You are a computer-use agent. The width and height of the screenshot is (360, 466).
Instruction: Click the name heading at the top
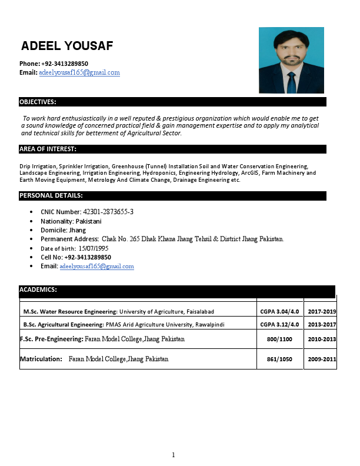point(67,46)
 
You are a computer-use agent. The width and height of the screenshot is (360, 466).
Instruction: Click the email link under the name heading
point(79,72)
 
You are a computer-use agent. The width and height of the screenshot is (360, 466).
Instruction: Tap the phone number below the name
point(65,64)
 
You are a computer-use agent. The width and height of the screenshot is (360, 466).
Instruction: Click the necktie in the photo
point(291,82)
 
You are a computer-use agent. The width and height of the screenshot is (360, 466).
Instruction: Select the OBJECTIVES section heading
point(38,102)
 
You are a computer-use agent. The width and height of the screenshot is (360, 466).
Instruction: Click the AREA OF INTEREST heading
point(48,149)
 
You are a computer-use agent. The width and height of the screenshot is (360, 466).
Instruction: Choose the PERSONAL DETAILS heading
point(51,195)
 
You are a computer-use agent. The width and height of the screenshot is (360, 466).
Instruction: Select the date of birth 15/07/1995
point(94,248)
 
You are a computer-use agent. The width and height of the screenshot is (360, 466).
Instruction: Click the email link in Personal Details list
point(97,267)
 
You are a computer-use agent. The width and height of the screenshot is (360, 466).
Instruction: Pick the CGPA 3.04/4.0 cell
point(279,311)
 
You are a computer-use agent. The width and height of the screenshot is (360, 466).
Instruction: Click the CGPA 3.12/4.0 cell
point(279,324)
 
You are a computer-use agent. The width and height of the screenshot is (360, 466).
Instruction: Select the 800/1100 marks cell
point(279,339)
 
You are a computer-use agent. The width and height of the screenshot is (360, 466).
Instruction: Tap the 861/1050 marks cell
point(279,359)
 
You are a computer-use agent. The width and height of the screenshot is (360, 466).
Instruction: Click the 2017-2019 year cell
point(322,311)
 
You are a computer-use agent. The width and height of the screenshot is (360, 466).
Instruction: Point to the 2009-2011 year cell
point(322,359)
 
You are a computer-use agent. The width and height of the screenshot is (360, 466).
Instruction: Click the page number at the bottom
point(174,455)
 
